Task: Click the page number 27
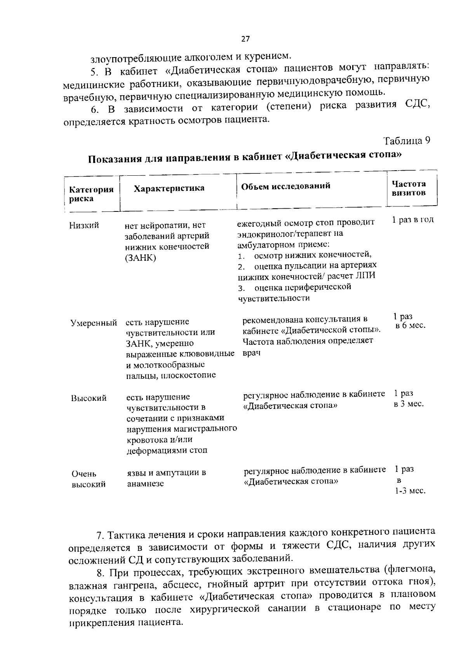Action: pyautogui.click(x=245, y=39)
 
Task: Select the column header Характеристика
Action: pyautogui.click(x=169, y=189)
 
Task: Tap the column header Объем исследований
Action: pyautogui.click(x=286, y=186)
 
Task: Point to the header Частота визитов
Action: pyautogui.click(x=409, y=188)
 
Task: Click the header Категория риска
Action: pyautogui.click(x=91, y=194)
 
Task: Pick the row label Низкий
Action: pyautogui.click(x=84, y=225)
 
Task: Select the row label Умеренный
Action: pyautogui.click(x=94, y=323)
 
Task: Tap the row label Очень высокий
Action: pyautogui.click(x=89, y=479)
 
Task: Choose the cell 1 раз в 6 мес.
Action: pyautogui.click(x=409, y=321)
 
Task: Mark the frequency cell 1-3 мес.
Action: pyautogui.click(x=410, y=491)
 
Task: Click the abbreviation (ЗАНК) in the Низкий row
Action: pyautogui.click(x=141, y=258)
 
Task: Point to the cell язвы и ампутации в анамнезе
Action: pyautogui.click(x=166, y=478)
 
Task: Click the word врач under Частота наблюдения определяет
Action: pyautogui.click(x=251, y=353)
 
